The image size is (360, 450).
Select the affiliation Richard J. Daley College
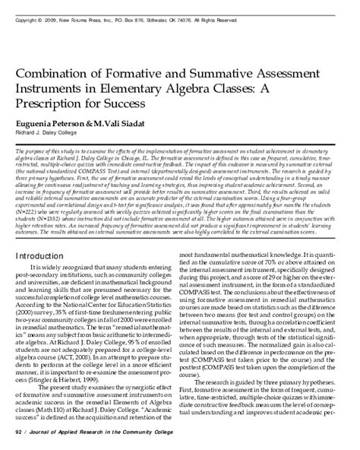(56, 132)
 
